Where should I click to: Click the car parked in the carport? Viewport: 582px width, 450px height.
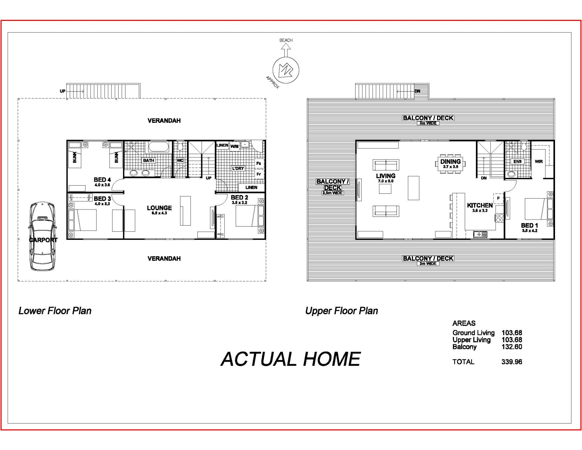click(x=42, y=236)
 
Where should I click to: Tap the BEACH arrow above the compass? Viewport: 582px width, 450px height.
click(x=286, y=50)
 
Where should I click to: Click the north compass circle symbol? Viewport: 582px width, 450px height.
click(x=286, y=70)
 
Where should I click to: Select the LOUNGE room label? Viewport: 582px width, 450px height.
click(x=159, y=208)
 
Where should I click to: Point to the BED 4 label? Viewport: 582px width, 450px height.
click(x=102, y=180)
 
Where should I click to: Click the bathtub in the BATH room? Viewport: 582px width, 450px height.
click(x=158, y=147)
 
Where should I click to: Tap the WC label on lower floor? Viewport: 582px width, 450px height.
click(x=180, y=160)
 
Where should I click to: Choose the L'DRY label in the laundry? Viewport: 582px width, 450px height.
click(x=238, y=168)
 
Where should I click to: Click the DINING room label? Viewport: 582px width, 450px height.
click(x=450, y=162)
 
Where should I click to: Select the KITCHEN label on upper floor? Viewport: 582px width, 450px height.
click(x=480, y=205)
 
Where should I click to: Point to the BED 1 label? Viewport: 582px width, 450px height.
click(x=530, y=226)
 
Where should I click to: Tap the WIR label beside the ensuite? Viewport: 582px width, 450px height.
click(x=539, y=162)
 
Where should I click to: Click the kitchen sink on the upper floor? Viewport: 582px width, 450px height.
click(x=480, y=234)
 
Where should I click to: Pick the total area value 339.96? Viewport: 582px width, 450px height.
click(x=512, y=362)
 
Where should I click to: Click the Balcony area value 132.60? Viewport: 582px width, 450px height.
click(x=512, y=347)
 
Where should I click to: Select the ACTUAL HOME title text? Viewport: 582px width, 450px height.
click(x=290, y=359)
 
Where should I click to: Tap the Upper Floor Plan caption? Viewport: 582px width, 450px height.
click(x=342, y=311)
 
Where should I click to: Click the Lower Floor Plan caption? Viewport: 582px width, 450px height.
click(x=55, y=311)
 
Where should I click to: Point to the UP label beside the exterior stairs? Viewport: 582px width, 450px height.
click(x=62, y=91)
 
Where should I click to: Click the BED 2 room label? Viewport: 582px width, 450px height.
click(x=239, y=198)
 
